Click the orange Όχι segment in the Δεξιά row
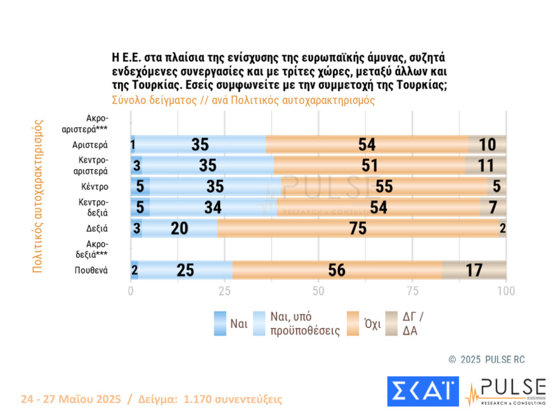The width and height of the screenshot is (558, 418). point(359,229)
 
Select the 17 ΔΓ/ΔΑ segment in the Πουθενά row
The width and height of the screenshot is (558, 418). point(474,270)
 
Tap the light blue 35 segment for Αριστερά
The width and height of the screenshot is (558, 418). point(200,145)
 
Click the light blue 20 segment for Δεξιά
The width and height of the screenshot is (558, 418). point(179,229)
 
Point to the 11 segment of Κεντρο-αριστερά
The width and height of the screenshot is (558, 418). point(486,166)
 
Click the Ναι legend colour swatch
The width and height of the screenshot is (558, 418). point(220,324)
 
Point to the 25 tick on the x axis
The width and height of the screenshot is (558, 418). point(224,292)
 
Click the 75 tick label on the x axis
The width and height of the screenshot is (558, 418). point(412,292)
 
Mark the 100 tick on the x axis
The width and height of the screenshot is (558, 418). point(505,292)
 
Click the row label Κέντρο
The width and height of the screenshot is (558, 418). point(94,187)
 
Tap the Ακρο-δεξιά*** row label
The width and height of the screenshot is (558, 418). point(95,250)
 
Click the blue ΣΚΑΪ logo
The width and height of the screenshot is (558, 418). point(422,391)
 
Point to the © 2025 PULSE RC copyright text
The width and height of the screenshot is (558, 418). point(486,360)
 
